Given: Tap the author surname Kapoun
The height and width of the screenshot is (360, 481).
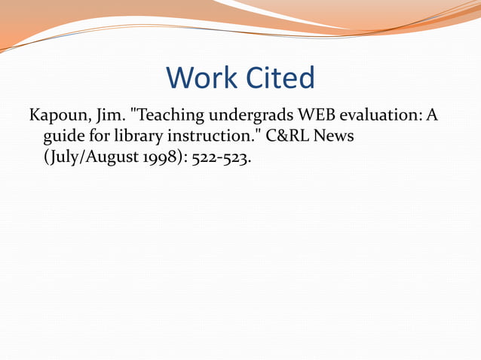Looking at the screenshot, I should [x=57, y=117].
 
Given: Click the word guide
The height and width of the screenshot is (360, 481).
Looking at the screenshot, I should [x=63, y=139].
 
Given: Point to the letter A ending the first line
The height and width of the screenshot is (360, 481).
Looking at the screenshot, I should [x=432, y=117].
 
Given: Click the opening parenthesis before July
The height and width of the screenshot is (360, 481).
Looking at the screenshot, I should [x=47, y=159].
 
